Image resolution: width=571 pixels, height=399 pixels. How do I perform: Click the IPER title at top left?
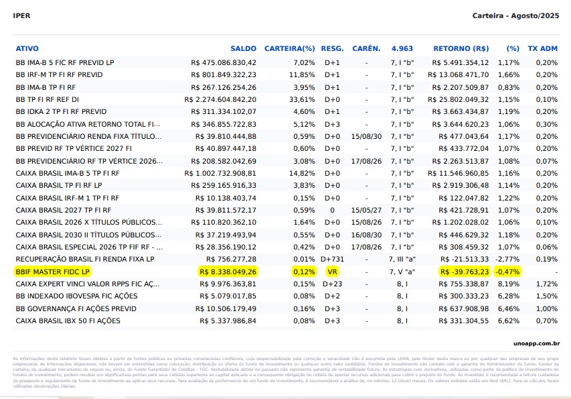click(x=21, y=15)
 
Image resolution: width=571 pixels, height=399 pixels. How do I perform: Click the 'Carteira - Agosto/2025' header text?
click(x=515, y=15)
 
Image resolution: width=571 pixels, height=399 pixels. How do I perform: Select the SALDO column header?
click(x=243, y=49)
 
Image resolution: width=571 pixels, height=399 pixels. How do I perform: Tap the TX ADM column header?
click(x=542, y=49)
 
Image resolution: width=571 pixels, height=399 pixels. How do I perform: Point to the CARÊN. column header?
click(x=366, y=49)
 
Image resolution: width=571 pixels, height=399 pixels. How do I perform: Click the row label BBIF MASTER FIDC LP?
click(x=52, y=272)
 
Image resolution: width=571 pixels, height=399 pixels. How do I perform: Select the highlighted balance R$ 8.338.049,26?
click(x=228, y=272)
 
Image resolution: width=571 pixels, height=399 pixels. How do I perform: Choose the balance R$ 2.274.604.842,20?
click(x=220, y=99)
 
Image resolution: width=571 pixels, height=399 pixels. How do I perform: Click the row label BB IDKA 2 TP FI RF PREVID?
click(x=61, y=111)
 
